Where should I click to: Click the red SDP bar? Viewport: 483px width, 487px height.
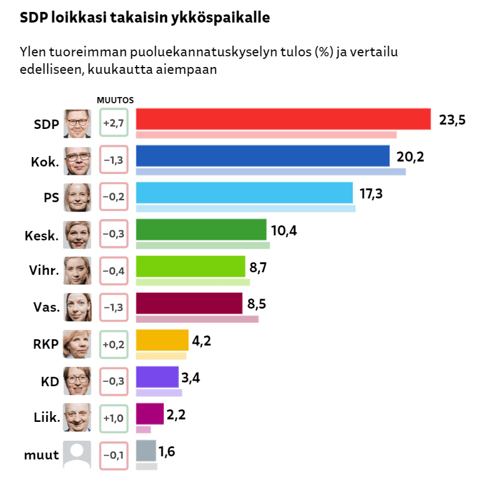click(x=283, y=119)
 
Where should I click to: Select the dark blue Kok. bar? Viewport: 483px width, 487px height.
click(x=262, y=156)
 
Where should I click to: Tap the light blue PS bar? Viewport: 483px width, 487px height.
click(x=244, y=192)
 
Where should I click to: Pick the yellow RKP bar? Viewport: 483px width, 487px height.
click(x=162, y=339)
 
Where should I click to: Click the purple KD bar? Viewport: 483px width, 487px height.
click(x=157, y=376)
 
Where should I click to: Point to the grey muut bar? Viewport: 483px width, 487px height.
click(x=146, y=450)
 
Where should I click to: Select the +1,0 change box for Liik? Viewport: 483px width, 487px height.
click(x=113, y=418)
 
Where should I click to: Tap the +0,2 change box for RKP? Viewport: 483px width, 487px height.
click(x=113, y=344)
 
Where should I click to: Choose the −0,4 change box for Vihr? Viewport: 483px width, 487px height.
click(x=113, y=270)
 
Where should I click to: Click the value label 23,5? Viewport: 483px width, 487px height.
click(x=452, y=120)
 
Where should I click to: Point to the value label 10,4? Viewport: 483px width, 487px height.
click(x=283, y=230)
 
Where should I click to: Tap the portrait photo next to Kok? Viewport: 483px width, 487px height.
click(x=78, y=160)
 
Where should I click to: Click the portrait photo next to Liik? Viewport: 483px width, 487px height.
click(x=78, y=418)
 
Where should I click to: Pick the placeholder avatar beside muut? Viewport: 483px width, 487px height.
click(x=78, y=454)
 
